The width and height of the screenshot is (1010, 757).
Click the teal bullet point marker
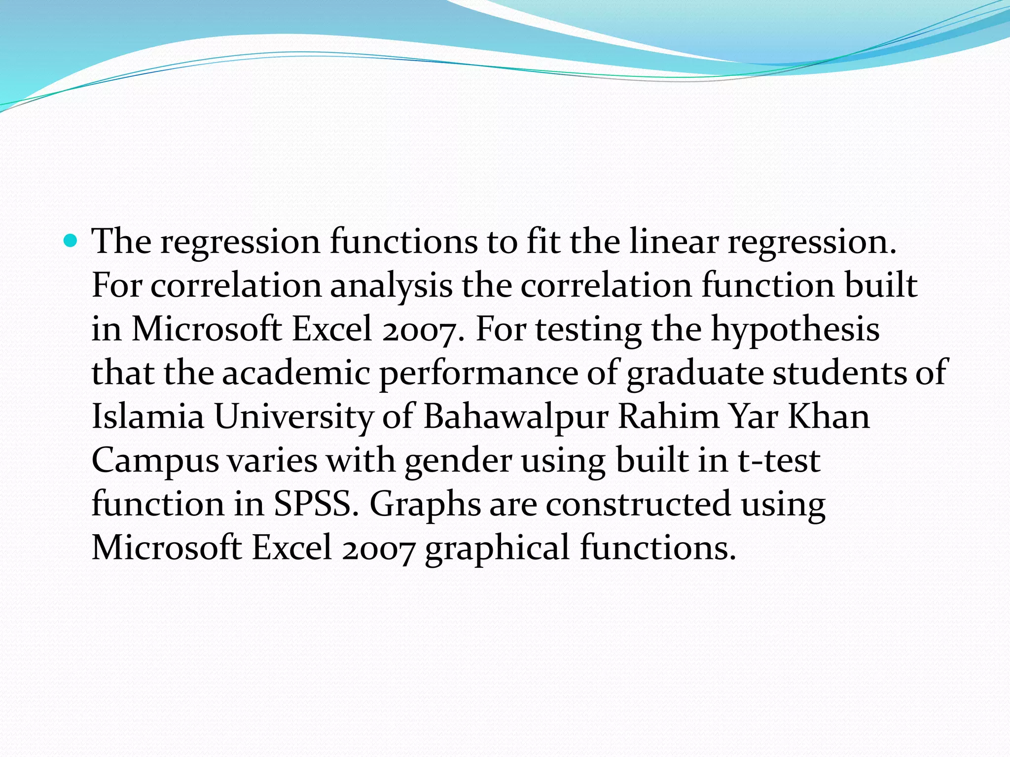[71, 241]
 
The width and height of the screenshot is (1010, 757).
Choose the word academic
[296, 373]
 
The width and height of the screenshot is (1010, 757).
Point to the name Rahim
[668, 416]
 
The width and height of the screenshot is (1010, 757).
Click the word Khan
[829, 416]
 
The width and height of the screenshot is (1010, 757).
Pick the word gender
[458, 461]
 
